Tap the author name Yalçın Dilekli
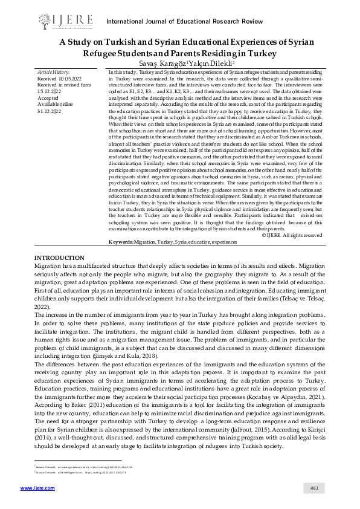[x=213, y=62]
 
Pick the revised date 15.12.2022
[x=49, y=92]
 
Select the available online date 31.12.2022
[x=49, y=112]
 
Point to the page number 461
[x=314, y=487]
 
